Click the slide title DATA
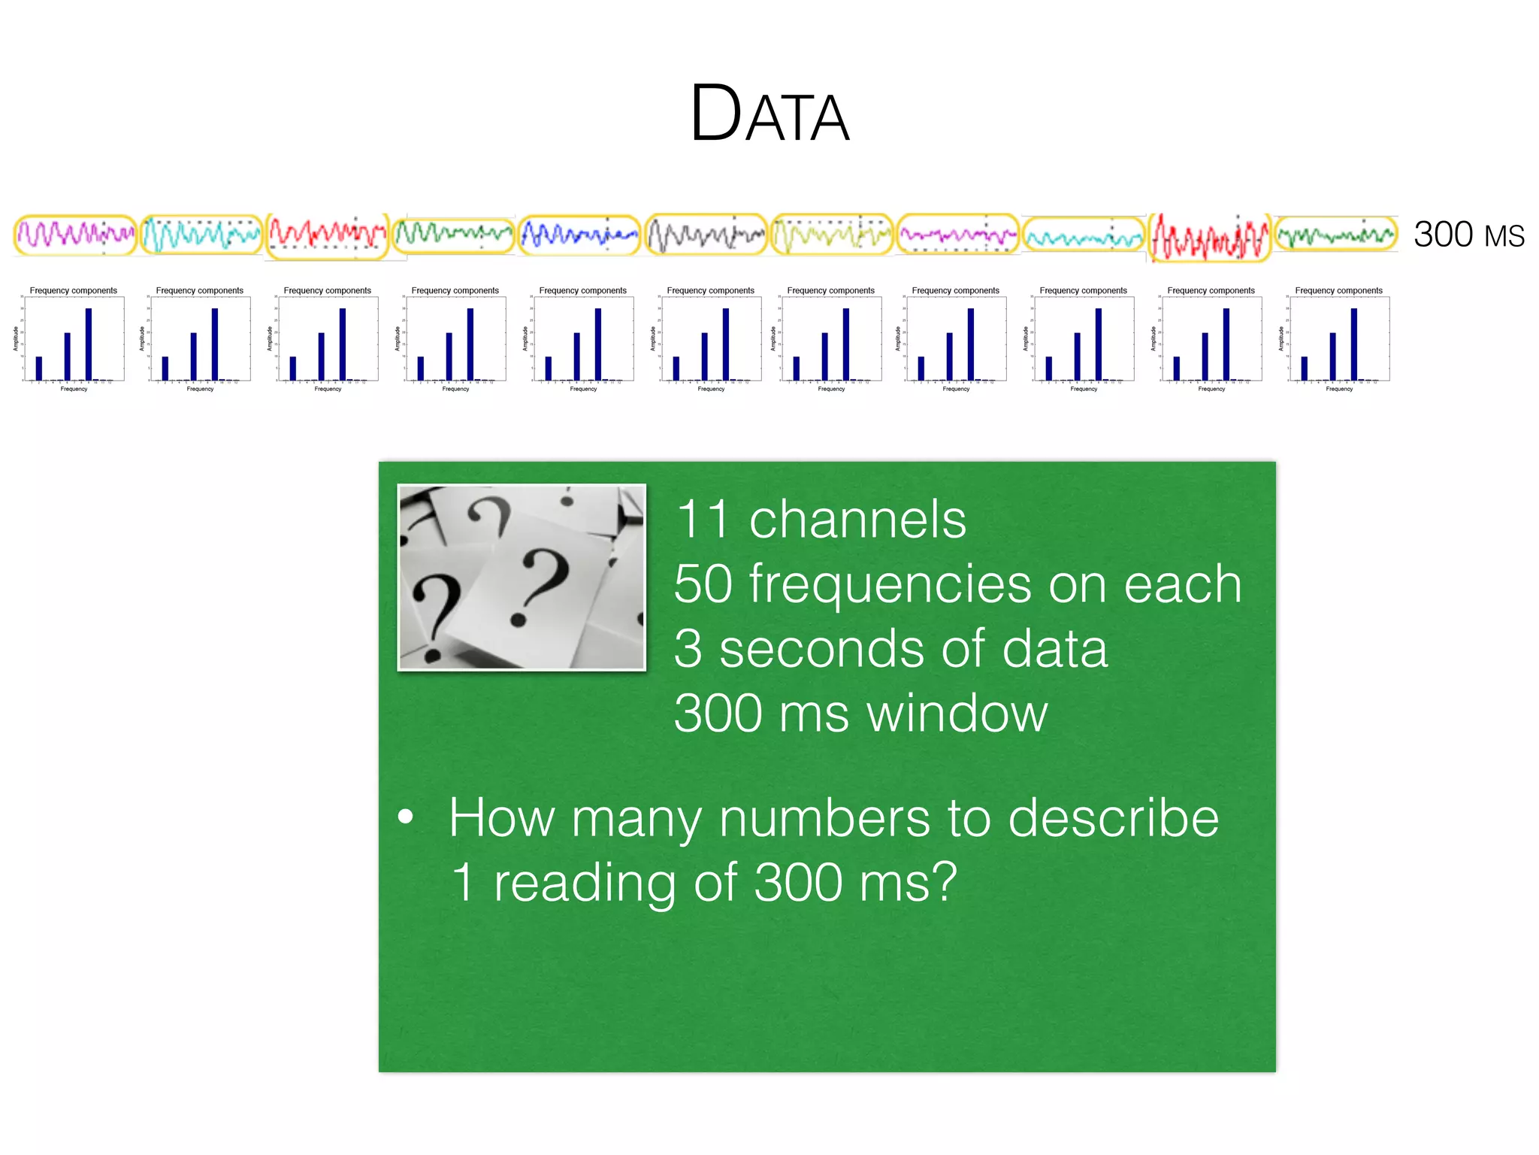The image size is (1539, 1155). coord(769,114)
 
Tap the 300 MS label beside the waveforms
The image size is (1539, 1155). coord(1468,235)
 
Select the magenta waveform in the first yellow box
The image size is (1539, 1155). coord(75,235)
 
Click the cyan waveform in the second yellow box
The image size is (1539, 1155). coord(201,235)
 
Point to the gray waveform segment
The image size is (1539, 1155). coord(705,235)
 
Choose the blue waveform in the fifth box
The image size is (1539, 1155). coord(579,235)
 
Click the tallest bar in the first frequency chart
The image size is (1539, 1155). coord(89,344)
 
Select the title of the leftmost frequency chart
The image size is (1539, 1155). coord(74,290)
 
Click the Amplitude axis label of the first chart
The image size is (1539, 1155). coord(16,338)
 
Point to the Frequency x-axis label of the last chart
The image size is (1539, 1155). coord(1339,389)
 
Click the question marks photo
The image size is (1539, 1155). coord(522,577)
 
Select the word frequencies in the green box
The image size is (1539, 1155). coord(890,584)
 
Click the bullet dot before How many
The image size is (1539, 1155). coord(406,817)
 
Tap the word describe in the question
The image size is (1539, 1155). coord(1113,818)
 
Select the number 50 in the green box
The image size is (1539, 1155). coord(703,584)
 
